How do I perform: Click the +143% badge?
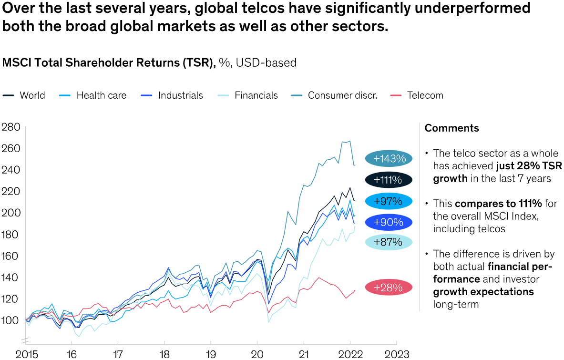point(389,158)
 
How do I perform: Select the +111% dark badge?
point(389,180)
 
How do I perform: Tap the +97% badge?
point(389,201)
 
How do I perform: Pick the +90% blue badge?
point(389,222)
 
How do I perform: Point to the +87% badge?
point(389,242)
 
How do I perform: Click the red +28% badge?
point(389,288)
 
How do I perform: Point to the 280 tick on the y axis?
point(10,127)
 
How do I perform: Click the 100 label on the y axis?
point(10,320)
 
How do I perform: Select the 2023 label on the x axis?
point(396,354)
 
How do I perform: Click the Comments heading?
point(451,128)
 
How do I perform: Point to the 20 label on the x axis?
point(257,354)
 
